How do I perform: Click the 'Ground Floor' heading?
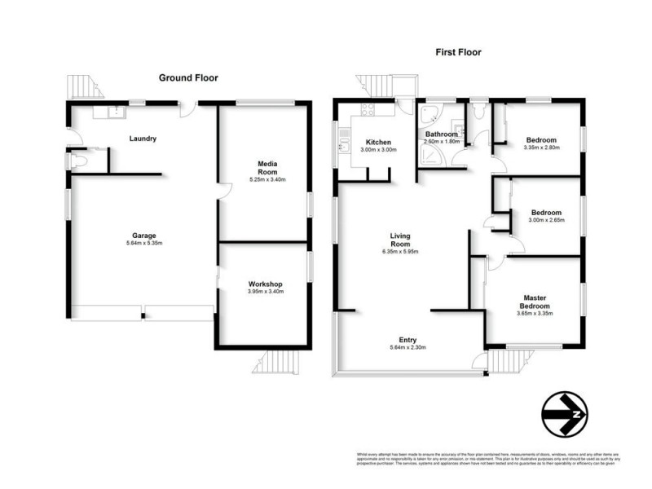pyautogui.click(x=187, y=77)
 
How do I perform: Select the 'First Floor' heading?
pyautogui.click(x=459, y=52)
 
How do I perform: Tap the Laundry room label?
pyautogui.click(x=143, y=139)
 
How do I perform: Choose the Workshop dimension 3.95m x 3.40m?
pyautogui.click(x=265, y=292)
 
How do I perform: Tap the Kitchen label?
pyautogui.click(x=378, y=141)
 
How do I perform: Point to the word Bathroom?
pyautogui.click(x=441, y=134)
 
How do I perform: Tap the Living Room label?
pyautogui.click(x=399, y=240)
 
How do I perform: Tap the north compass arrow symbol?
pyautogui.click(x=564, y=415)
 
